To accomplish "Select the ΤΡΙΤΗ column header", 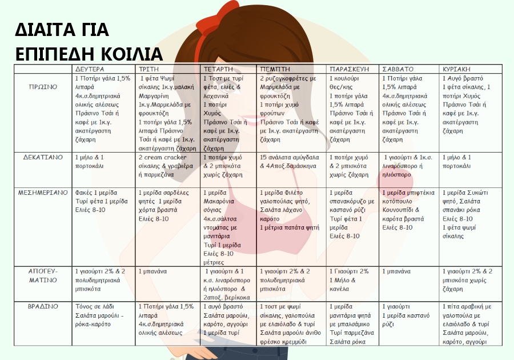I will click(x=148, y=69).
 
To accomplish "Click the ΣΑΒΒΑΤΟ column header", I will click(x=397, y=69).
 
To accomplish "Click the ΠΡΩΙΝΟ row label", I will click(x=43, y=87).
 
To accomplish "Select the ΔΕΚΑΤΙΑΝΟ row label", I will click(x=43, y=157).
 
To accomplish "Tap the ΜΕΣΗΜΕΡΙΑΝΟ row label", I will click(x=43, y=193).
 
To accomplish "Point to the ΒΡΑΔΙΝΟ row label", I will click(x=43, y=307).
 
